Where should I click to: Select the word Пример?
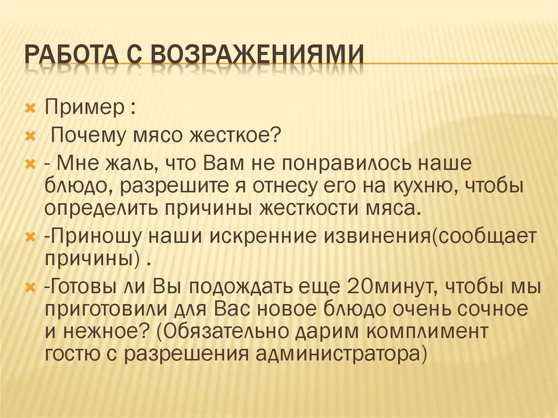tap(84, 105)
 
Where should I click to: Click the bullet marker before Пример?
tap(32, 106)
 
